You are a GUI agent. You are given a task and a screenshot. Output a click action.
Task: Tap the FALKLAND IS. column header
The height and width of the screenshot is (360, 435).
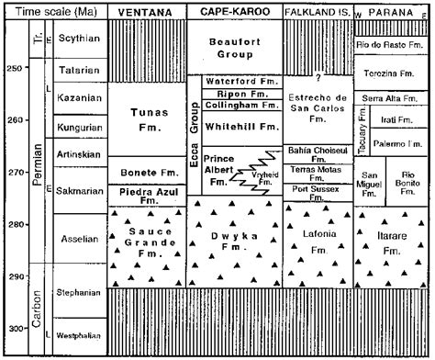point(317,11)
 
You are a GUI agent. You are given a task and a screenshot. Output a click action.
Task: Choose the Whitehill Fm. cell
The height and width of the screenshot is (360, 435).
point(241,127)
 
